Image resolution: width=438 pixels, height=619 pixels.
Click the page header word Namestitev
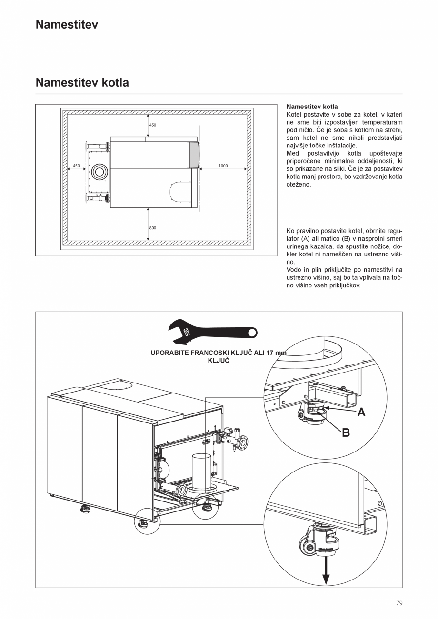[67, 25]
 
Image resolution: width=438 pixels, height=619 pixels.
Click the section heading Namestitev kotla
[82, 82]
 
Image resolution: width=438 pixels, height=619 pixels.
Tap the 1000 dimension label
[223, 166]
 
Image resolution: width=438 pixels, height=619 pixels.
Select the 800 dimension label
[152, 228]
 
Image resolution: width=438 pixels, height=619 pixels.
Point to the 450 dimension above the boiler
[152, 125]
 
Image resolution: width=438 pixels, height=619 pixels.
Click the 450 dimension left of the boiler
[76, 166]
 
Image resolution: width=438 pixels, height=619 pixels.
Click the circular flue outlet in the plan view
[100, 172]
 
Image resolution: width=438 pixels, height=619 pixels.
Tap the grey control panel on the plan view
[194, 155]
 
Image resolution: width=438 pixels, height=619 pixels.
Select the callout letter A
[361, 412]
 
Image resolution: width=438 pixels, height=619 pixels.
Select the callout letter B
[346, 432]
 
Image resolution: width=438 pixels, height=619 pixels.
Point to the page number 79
[399, 603]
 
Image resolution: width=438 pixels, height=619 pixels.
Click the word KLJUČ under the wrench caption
[219, 361]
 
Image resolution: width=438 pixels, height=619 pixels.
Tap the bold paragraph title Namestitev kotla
[312, 107]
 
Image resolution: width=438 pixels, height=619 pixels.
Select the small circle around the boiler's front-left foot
[147, 520]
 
